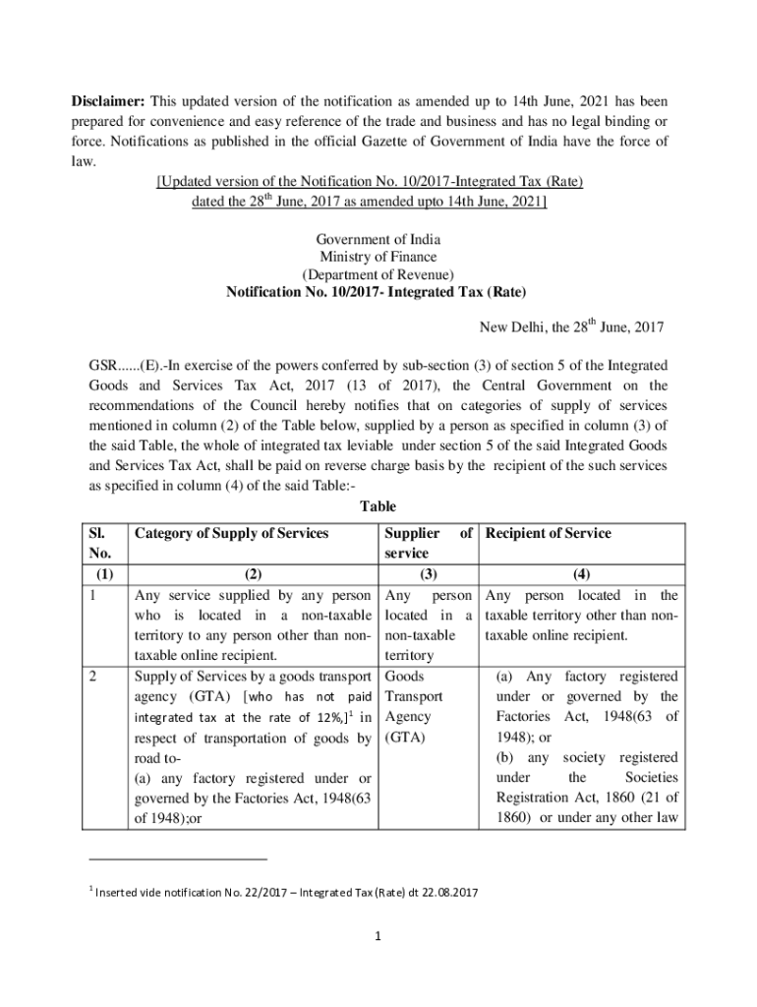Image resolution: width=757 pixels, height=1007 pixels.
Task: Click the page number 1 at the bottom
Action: point(378,936)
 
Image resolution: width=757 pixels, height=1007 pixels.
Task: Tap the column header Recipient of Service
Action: point(548,534)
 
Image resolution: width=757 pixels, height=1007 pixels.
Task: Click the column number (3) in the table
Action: point(427,576)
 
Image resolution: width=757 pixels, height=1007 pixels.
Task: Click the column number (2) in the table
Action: point(253,576)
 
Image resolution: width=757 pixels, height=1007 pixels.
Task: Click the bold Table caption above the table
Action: point(378,507)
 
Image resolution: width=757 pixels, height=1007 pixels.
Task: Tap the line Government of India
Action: point(378,240)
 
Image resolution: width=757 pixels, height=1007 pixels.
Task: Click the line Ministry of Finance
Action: point(378,258)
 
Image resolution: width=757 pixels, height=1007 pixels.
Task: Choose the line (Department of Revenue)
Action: point(378,275)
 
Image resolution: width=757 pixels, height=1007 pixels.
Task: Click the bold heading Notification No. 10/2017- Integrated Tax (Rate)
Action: point(378,293)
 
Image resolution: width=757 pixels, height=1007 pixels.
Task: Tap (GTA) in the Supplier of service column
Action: point(404,737)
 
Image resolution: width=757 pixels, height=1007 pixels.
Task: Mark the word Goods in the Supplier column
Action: point(403,677)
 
